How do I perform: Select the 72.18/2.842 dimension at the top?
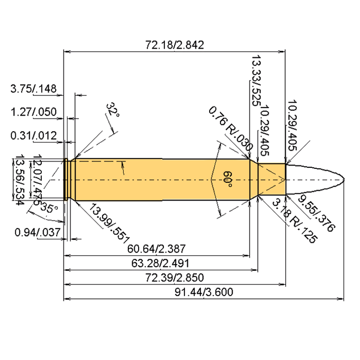pyautogui.click(x=175, y=45)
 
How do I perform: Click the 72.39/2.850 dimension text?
pyautogui.click(x=175, y=278)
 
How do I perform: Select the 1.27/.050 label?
pyautogui.click(x=33, y=112)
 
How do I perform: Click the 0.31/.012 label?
pyautogui.click(x=33, y=135)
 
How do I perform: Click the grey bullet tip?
pyautogui.click(x=315, y=180)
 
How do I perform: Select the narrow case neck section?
pyautogui.click(x=272, y=180)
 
